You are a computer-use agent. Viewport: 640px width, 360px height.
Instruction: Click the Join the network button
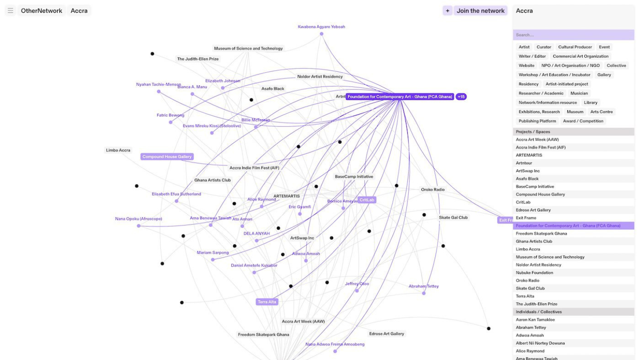click(480, 11)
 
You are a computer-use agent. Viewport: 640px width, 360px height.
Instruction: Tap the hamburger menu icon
click(11, 11)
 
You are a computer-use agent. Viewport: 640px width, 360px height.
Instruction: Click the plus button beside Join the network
click(447, 11)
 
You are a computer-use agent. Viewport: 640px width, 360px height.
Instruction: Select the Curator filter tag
click(544, 47)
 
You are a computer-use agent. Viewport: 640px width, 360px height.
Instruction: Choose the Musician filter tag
click(579, 93)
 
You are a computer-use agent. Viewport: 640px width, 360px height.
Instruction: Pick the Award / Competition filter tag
click(583, 121)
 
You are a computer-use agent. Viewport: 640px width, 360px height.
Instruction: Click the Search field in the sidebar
click(573, 35)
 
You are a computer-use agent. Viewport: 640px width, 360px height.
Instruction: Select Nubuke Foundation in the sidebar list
click(535, 273)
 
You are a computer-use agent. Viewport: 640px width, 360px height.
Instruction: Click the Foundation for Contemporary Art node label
click(400, 97)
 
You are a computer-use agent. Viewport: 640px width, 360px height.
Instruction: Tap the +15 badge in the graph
click(461, 97)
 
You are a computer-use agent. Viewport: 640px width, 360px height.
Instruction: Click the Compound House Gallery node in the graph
click(167, 157)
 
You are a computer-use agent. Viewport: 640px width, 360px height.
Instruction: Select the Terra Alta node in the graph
click(267, 302)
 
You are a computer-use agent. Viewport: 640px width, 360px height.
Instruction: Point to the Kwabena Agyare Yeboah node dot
click(321, 34)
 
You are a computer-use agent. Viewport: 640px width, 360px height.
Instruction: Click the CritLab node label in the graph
click(367, 200)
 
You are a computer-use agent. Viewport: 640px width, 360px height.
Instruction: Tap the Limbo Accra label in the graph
click(118, 150)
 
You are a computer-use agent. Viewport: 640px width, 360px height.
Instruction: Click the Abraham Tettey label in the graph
click(423, 286)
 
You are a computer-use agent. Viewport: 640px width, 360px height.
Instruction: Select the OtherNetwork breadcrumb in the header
click(42, 11)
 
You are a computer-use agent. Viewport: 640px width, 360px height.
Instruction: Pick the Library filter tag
click(590, 102)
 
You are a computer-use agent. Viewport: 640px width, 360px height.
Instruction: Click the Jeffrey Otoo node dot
click(357, 291)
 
